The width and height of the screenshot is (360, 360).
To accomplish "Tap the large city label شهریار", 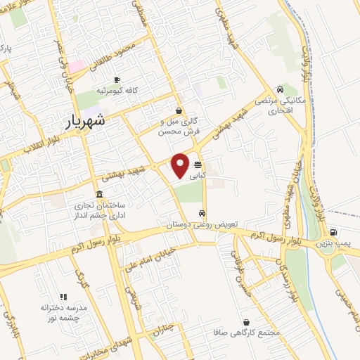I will tap(87, 121).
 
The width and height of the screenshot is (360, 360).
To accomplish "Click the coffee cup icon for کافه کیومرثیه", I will tap(117, 79).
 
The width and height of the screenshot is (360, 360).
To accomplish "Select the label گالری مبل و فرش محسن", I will tap(179, 127).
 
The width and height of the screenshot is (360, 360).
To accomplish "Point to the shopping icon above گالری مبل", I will tap(179, 110).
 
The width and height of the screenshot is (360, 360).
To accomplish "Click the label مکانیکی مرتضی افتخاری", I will tap(281, 105).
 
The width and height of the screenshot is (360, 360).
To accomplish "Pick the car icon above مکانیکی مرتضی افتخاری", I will tap(281, 89).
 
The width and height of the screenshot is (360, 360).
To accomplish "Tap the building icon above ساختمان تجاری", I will tap(98, 194).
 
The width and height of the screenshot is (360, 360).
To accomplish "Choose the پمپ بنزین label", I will tap(333, 243).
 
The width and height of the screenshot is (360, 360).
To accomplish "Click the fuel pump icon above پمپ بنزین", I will tap(333, 232).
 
